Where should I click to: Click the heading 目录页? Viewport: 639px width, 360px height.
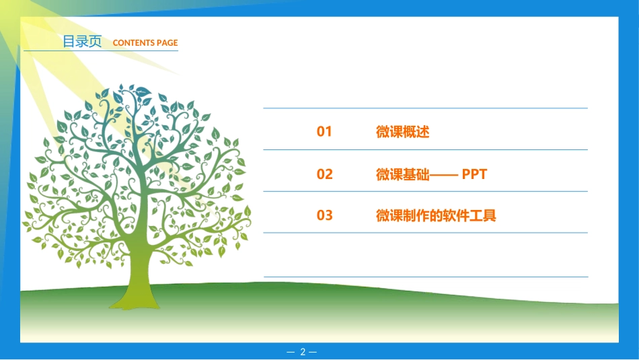[82, 42]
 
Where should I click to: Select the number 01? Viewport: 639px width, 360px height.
[325, 132]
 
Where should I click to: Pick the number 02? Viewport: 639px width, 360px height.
[325, 174]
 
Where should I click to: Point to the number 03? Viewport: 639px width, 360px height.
[325, 215]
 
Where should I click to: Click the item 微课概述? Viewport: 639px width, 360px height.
[402, 132]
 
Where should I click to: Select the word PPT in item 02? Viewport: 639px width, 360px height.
[474, 174]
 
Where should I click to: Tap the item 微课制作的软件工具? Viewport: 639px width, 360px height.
[436, 215]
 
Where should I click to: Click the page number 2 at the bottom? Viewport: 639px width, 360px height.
[303, 352]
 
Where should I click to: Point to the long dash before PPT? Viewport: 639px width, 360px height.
[443, 175]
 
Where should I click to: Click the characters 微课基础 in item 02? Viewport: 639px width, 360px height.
[402, 174]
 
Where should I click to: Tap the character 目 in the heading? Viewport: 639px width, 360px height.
[69, 42]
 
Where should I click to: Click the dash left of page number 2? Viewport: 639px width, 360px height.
[291, 352]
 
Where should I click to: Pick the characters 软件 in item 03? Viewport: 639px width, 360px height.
[456, 215]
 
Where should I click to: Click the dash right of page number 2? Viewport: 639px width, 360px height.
[313, 352]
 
